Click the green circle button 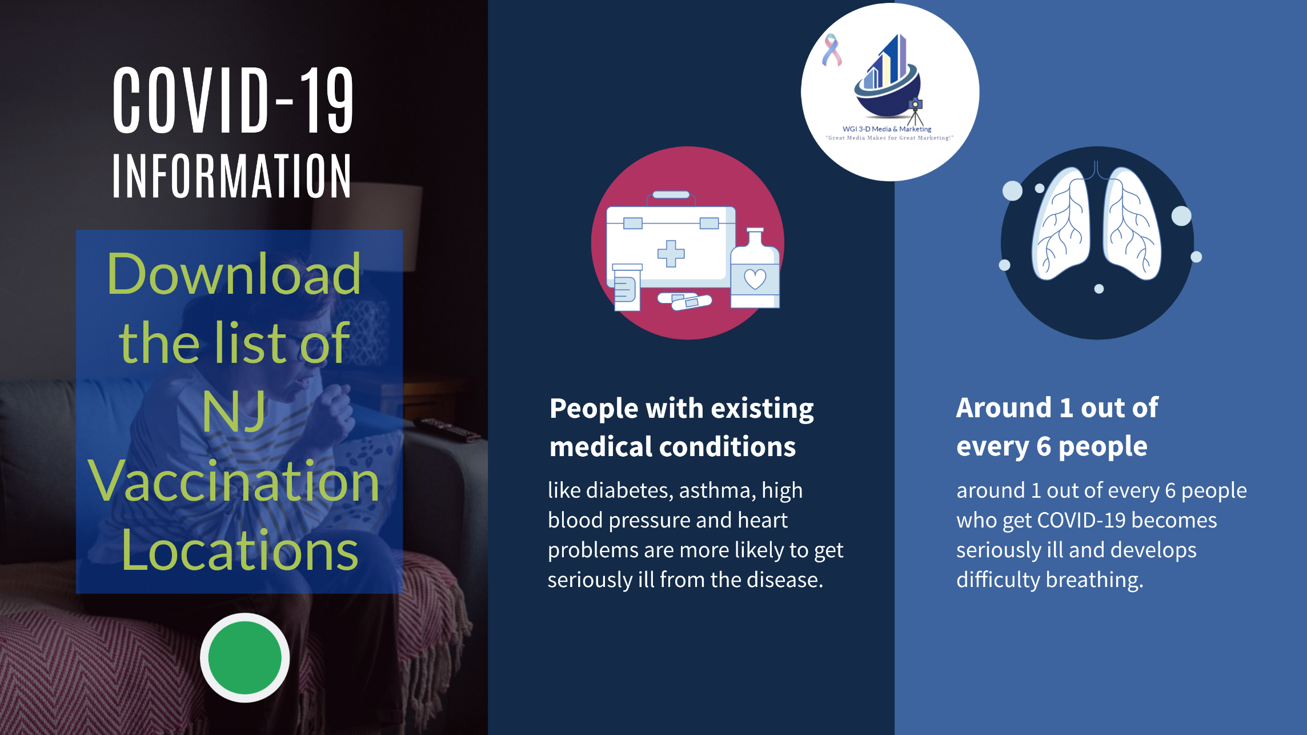[x=244, y=658]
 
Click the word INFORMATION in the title [x=232, y=176]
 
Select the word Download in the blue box [x=234, y=274]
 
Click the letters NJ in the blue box [x=234, y=412]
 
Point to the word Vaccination [x=234, y=481]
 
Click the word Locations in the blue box [x=240, y=550]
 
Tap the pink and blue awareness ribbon [x=832, y=50]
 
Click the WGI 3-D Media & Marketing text [x=887, y=129]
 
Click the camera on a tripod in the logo [x=915, y=111]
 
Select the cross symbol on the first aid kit [x=671, y=253]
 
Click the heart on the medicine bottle [x=755, y=279]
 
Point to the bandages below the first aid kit [x=684, y=300]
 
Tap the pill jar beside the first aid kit [x=627, y=287]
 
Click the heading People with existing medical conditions [x=681, y=427]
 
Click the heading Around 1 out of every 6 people [x=1057, y=427]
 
